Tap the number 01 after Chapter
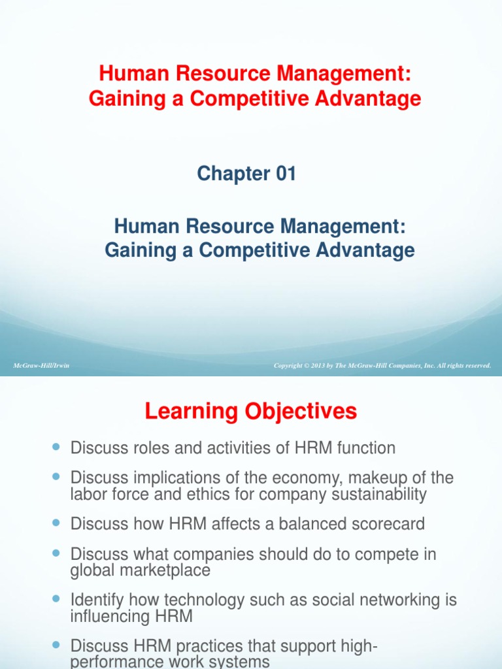click(x=284, y=173)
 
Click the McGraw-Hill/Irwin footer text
click(x=41, y=366)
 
